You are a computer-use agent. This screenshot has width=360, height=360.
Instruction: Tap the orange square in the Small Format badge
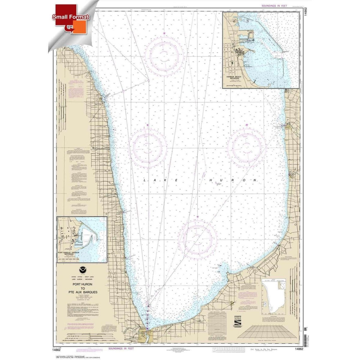(x=80, y=26)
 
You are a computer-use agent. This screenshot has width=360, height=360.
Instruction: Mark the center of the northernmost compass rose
(x=164, y=54)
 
